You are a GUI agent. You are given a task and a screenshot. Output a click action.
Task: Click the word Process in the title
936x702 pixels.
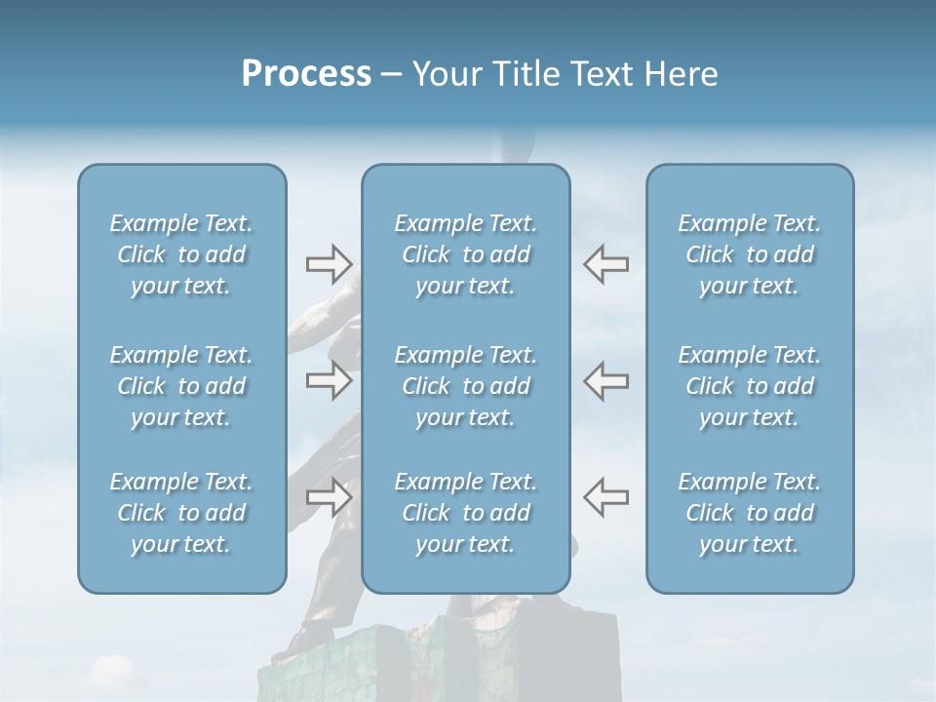306,74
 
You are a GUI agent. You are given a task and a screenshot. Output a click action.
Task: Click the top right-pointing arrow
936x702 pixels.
329,263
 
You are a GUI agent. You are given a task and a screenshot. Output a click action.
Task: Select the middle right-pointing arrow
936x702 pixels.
329,379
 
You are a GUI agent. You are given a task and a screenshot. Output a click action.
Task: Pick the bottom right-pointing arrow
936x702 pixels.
329,497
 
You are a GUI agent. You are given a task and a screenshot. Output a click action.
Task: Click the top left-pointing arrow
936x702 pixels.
606,263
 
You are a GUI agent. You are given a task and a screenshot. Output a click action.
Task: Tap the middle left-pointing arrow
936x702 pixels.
606,379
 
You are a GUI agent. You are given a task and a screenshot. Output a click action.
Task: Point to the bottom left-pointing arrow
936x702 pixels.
606,497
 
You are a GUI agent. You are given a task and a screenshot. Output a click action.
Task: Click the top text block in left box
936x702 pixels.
181,254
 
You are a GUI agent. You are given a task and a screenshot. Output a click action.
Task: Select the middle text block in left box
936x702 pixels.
181,386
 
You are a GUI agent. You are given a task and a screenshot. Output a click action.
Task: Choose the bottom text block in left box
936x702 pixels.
181,513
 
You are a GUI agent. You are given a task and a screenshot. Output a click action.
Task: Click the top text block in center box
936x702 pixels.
465,254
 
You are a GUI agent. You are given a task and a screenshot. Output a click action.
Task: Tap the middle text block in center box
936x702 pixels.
465,386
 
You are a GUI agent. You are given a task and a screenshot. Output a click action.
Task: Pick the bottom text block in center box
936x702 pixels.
465,513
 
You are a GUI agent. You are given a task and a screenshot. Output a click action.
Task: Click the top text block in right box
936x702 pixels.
749,254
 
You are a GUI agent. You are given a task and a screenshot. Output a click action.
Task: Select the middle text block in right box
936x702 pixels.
749,386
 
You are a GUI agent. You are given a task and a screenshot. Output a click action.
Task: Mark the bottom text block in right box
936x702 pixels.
749,513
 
